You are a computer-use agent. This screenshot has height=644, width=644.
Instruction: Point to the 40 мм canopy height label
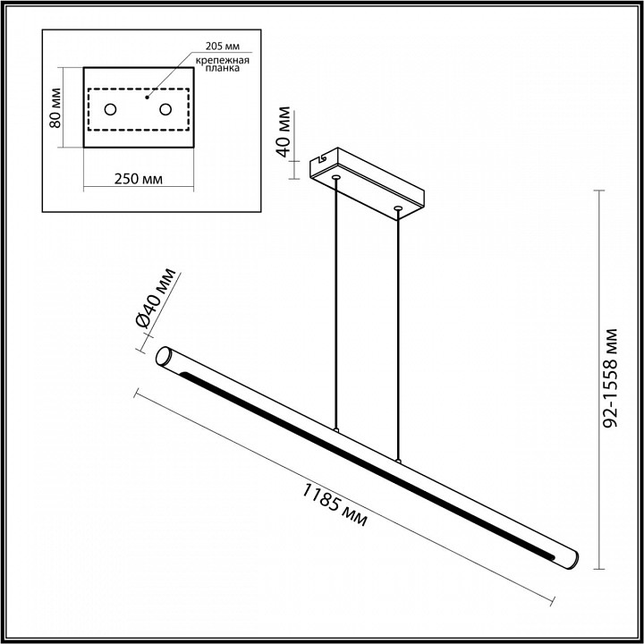(x=284, y=132)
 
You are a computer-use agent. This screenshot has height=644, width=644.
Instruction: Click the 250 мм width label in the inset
(x=139, y=179)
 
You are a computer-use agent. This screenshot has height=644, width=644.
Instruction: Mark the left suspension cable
(x=336, y=304)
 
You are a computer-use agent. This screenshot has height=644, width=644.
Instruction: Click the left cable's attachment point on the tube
(x=336, y=430)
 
